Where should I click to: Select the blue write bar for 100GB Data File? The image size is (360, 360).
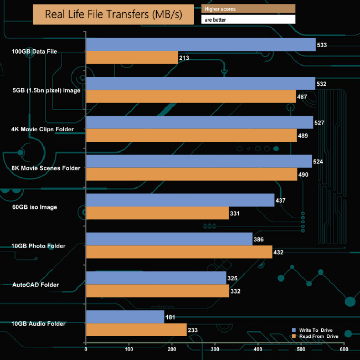pyautogui.click(x=200, y=45)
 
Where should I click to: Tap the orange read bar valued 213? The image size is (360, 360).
pyautogui.click(x=132, y=58)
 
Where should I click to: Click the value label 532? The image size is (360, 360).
pyautogui.click(x=321, y=84)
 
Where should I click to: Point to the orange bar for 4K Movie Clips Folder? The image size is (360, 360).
pyautogui.click(x=191, y=136)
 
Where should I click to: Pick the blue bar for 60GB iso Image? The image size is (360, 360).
pyautogui.click(x=180, y=200)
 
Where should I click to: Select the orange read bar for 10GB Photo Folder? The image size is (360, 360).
pyautogui.click(x=179, y=252)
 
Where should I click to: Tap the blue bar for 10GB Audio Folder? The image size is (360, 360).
pyautogui.click(x=125, y=317)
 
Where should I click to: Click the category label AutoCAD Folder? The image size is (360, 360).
pyautogui.click(x=35, y=285)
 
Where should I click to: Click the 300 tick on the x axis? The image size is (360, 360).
pyautogui.click(x=215, y=349)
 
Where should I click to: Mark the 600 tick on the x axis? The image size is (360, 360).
pyautogui.click(x=344, y=349)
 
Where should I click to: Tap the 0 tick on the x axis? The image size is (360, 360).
pyautogui.click(x=86, y=349)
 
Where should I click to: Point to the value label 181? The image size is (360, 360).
pyautogui.click(x=171, y=317)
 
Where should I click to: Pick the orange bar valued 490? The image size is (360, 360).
pyautogui.click(x=191, y=174)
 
